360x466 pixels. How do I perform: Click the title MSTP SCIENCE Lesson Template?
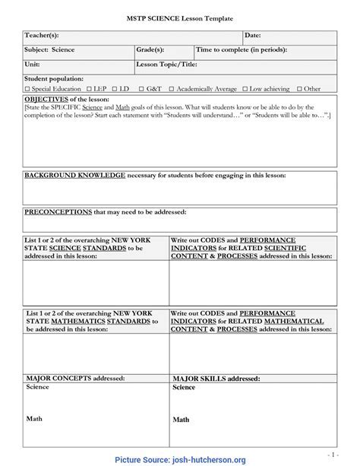point(179,17)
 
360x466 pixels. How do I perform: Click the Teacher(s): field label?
point(43,36)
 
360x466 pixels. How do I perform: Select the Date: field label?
point(253,36)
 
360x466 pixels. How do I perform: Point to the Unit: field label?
point(33,64)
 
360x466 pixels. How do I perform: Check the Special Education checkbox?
point(27,89)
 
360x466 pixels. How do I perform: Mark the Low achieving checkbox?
point(245,89)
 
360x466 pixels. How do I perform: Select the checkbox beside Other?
point(299,89)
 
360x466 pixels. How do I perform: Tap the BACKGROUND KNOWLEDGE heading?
point(74,175)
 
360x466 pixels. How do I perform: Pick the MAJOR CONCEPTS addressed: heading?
point(70,377)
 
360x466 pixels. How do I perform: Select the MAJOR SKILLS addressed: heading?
point(216,378)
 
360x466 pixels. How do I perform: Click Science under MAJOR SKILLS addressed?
point(183,388)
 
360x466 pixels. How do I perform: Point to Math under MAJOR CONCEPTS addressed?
point(35,417)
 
